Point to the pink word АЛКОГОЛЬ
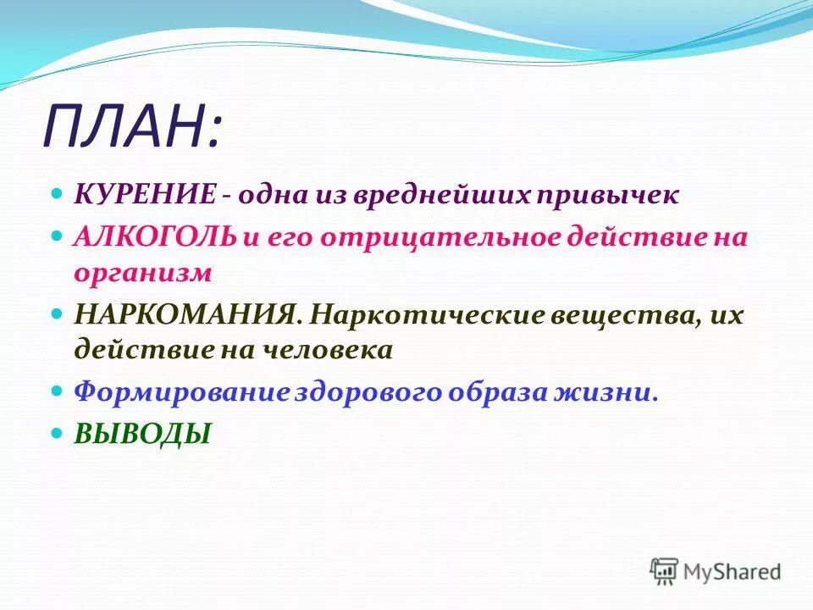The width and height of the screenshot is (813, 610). (x=154, y=237)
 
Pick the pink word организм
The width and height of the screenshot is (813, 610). (x=141, y=273)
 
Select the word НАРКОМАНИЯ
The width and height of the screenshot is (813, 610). (x=183, y=315)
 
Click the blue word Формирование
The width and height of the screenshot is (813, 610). (x=182, y=392)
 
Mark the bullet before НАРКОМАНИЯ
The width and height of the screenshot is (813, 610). (x=58, y=314)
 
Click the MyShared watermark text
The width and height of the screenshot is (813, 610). (x=733, y=572)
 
